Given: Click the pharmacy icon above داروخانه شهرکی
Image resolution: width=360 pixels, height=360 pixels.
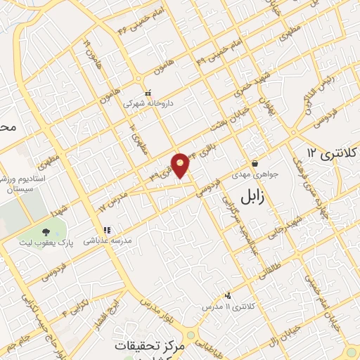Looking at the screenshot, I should [148, 92].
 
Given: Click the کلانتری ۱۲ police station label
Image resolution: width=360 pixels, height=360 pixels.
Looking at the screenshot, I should [333, 153].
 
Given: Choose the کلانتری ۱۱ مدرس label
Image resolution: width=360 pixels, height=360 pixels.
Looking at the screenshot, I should [227, 307].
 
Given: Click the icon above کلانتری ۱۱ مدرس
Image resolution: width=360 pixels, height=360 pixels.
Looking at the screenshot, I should [227, 296].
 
